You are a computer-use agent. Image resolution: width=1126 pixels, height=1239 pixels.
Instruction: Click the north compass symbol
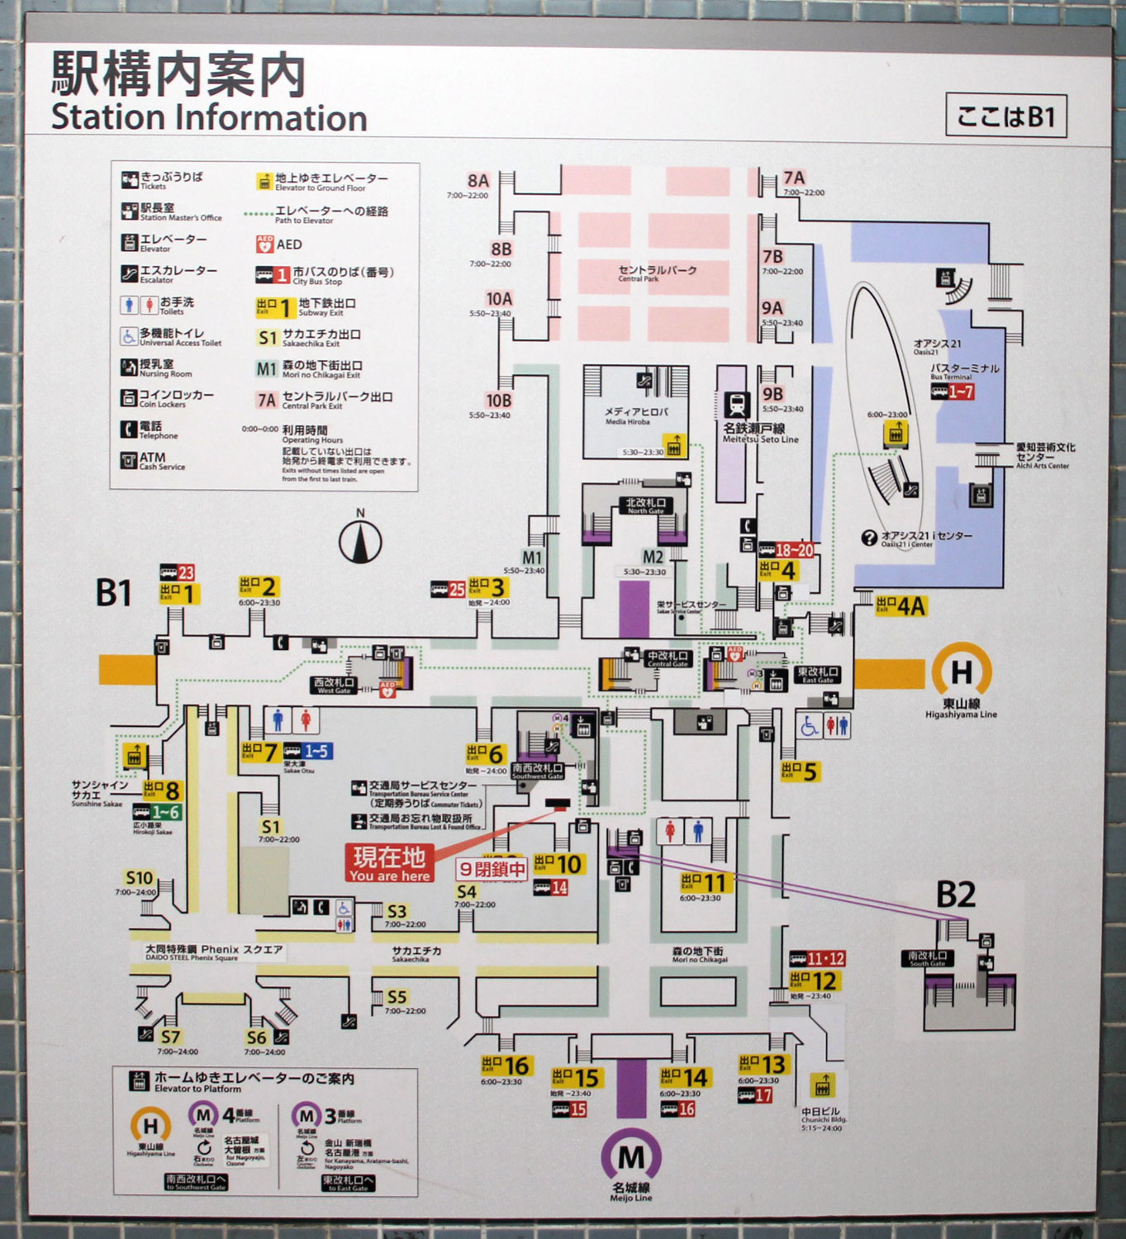click(x=360, y=542)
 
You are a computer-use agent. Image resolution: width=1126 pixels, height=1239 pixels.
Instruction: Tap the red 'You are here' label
click(x=389, y=864)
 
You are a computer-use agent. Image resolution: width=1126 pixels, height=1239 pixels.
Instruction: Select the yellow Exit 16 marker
click(x=506, y=1065)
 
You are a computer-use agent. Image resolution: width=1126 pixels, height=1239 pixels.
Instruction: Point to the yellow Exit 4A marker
click(x=900, y=606)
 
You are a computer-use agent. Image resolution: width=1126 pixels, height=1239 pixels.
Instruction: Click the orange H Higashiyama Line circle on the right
click(x=962, y=672)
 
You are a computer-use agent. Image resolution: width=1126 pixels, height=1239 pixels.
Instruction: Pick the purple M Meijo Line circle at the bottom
click(x=631, y=1156)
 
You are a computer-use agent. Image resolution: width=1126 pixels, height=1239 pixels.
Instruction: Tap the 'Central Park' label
click(x=657, y=273)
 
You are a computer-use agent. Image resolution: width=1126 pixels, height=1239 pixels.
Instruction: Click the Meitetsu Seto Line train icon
click(x=737, y=405)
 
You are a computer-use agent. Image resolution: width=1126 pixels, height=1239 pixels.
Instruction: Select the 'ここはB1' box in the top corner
click(x=1005, y=116)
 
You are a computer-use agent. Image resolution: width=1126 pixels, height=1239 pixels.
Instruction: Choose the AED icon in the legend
click(x=264, y=244)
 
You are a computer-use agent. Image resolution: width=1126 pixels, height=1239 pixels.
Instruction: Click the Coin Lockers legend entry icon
click(x=129, y=398)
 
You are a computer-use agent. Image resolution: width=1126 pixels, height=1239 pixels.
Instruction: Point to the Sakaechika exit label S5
click(x=397, y=997)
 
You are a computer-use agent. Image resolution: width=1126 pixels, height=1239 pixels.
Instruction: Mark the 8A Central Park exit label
click(x=478, y=181)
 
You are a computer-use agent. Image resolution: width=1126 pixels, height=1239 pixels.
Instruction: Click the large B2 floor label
click(x=955, y=895)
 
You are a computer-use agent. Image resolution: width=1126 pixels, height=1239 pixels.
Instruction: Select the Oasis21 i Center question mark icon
click(x=868, y=539)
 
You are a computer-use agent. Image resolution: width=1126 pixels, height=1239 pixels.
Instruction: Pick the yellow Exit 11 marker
click(x=703, y=883)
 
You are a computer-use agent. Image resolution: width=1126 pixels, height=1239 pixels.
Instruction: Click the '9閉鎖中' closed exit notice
click(x=492, y=869)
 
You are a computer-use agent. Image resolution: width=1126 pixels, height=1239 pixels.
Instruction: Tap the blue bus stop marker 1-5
click(x=307, y=751)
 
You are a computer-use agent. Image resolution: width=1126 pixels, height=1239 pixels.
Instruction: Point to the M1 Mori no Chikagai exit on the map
click(x=532, y=558)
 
